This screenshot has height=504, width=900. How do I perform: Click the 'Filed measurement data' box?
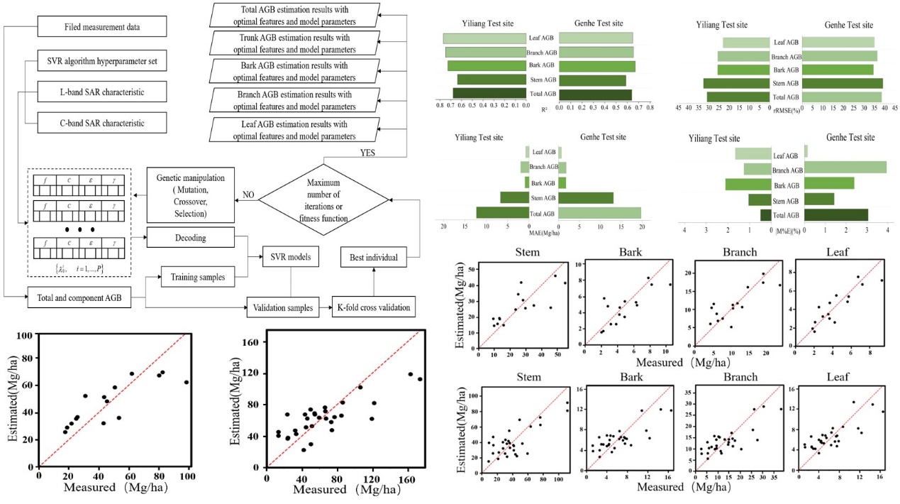tap(101, 27)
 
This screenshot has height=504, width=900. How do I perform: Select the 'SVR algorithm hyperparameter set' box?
tap(101, 61)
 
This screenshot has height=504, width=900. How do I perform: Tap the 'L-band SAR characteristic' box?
tap(101, 92)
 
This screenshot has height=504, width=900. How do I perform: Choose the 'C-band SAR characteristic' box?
tap(101, 123)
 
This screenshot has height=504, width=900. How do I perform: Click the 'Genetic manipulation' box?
tap(189, 194)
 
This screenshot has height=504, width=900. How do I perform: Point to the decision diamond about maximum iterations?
tap(323, 194)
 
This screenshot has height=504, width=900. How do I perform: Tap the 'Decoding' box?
tap(189, 238)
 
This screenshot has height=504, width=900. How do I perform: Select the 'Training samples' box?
tap(198, 277)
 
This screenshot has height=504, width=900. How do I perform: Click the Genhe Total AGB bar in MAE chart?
tap(599, 212)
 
